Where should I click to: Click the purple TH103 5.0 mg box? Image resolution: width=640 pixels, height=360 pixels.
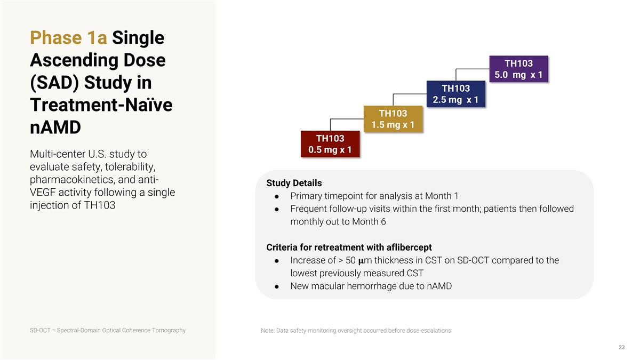pos(518,69)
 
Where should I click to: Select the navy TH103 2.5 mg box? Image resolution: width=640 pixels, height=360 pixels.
pos(455,94)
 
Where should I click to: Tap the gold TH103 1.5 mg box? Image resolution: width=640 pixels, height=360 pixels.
pos(393,119)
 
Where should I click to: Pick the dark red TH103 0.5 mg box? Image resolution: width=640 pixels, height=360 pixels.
pos(330,144)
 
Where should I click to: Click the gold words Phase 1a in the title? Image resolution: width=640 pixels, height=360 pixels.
pos(69,38)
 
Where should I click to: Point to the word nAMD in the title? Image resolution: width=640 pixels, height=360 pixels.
pos(55,129)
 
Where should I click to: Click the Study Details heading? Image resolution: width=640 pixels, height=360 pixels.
pos(294,183)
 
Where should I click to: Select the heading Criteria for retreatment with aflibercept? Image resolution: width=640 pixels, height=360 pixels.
pos(349,247)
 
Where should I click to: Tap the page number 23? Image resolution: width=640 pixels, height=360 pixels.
pos(621,348)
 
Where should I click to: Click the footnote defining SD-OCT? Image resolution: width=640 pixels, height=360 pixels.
pos(108,330)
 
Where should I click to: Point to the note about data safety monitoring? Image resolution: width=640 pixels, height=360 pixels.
pos(356,331)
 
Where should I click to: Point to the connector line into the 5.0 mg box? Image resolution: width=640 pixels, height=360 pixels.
pos(472,69)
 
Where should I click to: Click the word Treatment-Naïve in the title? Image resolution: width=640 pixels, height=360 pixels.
pos(101,105)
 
